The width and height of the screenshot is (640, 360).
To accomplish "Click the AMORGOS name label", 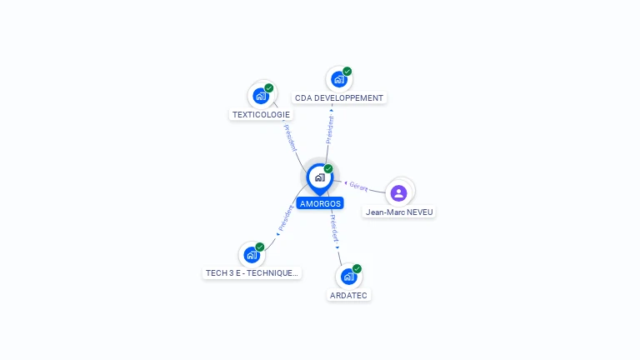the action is coord(320,203).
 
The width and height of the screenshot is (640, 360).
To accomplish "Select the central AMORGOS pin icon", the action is coord(320,179).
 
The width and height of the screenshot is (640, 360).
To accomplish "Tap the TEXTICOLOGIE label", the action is coord(261,115).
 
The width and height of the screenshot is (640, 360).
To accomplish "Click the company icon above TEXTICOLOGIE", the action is coord(261,96).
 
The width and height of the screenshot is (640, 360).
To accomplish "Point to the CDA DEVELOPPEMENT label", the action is coord(339,98).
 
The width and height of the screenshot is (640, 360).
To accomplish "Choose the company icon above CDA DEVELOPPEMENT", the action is coord(339,79).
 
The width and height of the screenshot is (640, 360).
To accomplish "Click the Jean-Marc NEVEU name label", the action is coord(399,212).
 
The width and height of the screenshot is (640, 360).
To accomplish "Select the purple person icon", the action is coord(399,193).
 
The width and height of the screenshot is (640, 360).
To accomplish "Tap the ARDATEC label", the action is coord(348,295).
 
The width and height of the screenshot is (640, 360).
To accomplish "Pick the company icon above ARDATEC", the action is coord(348,277).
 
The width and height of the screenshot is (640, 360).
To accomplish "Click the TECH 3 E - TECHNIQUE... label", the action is coord(252,272).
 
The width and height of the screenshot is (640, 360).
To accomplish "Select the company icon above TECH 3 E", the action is coord(252,255).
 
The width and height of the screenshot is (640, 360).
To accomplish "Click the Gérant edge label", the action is coord(358,187).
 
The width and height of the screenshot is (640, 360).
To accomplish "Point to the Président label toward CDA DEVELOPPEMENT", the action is coord(329,129).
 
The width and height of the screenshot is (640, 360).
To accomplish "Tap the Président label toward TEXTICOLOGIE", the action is coord(290,137).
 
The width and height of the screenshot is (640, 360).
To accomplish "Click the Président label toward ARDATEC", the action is coord(334,228).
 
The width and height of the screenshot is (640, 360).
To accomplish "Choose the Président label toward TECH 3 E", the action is coord(286,218).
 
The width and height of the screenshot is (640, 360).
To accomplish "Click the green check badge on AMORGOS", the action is coord(328,168).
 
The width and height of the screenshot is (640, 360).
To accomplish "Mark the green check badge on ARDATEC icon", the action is coord(357,268).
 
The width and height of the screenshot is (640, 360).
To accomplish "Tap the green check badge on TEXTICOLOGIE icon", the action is coord(268,87).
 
